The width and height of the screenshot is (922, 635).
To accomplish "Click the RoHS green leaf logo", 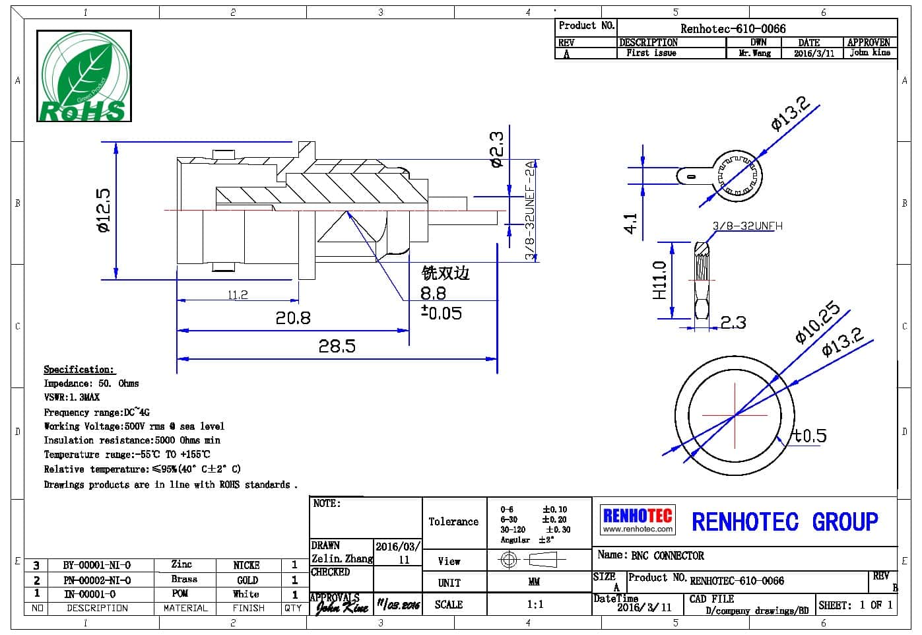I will tap(84, 76).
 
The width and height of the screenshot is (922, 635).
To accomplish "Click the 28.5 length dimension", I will tap(337, 346).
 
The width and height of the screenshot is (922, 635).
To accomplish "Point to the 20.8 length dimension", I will tap(292, 318).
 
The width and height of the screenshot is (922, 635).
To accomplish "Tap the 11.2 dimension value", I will tap(238, 295).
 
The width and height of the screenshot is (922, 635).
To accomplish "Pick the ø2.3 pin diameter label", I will tap(496, 149).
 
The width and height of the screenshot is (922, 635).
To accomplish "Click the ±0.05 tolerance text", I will tap(442, 312).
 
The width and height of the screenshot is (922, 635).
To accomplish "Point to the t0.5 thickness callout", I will tap(809, 436).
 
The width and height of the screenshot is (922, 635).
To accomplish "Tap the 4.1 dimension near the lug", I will tap(631, 222).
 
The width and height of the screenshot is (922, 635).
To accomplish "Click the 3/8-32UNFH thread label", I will tap(747, 226).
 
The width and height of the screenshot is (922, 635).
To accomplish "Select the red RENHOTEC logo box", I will tap(638, 519).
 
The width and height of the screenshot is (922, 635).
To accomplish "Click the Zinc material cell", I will tap(181, 564).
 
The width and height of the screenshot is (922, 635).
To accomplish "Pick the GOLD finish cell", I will tap(247, 580).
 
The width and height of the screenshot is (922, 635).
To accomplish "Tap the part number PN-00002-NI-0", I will tap(97, 580).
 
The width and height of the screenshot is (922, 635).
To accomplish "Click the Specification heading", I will tap(79, 370).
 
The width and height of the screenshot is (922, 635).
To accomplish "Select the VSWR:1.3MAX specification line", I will tap(71, 397).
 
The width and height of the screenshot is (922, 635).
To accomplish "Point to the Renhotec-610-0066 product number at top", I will tap(733, 28).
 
